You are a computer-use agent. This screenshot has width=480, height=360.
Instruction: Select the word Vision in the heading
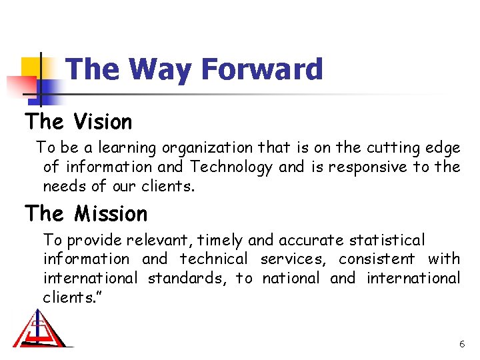tap(103, 122)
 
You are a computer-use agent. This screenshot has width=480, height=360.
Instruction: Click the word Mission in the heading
tap(111, 214)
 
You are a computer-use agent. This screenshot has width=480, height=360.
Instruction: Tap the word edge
tap(441, 148)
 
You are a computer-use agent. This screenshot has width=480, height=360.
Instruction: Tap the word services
tap(293, 259)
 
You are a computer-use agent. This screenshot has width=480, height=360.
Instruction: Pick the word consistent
tap(376, 259)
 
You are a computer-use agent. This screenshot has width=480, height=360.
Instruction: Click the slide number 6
tap(462, 344)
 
